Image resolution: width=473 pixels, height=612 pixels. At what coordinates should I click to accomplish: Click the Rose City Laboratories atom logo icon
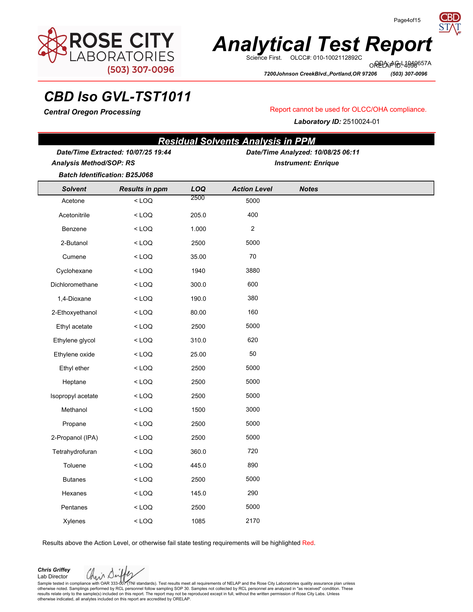pos(52,45)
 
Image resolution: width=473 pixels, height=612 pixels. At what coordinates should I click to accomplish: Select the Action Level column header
pos(252,189)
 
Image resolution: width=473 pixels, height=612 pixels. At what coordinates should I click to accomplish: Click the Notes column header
pos(309,189)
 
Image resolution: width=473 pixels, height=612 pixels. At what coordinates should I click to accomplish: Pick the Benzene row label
pos(74,229)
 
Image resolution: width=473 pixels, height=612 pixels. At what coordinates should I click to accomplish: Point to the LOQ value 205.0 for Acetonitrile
pos(198,215)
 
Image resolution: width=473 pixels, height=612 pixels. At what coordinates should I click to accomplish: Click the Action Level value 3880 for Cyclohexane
pos(253,271)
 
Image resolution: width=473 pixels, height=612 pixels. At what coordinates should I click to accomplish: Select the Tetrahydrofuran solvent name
pos(74,452)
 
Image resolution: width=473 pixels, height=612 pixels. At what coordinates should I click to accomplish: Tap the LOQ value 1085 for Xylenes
pos(198,521)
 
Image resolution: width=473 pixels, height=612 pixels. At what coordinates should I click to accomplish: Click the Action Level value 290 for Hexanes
pos(253,493)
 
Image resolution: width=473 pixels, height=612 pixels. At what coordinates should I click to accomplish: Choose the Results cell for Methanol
pos(143,410)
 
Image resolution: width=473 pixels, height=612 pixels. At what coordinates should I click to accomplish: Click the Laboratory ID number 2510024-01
pos(361,121)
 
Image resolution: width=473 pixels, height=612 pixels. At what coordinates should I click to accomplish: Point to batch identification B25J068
pos(139,175)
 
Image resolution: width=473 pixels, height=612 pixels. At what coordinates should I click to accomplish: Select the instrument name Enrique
pos(326,163)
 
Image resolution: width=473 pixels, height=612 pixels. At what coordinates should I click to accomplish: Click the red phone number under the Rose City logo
pos(141,70)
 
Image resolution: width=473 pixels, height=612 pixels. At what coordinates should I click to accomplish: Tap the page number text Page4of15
pos(407,20)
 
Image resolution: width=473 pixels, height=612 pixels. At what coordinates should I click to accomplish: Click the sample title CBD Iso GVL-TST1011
pos(118,97)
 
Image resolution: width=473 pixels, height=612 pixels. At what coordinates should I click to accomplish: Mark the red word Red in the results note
pos(308,543)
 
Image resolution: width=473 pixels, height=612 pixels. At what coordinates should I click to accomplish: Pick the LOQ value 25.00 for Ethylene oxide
pos(198,354)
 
